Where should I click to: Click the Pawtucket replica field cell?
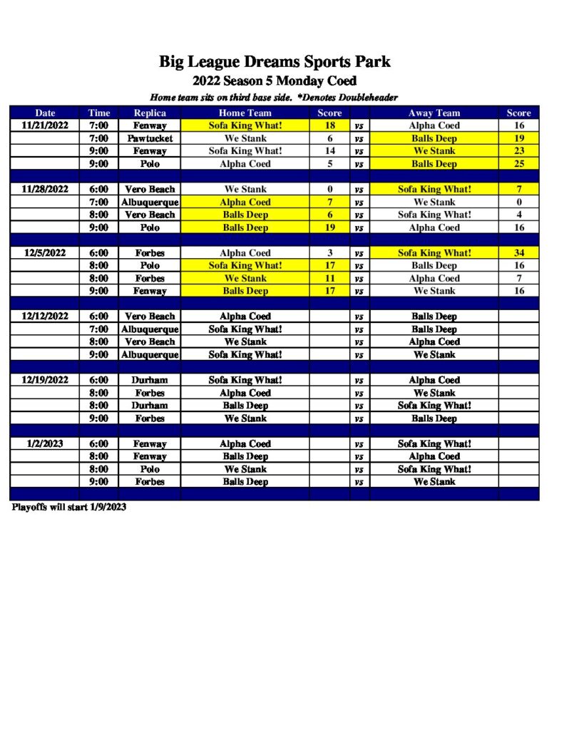coord(150,138)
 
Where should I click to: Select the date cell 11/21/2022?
coord(45,125)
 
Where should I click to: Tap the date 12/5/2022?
coord(45,253)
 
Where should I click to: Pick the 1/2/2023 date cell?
coord(45,443)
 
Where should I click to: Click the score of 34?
coord(518,253)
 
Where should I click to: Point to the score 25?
coord(518,164)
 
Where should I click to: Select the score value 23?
coord(518,151)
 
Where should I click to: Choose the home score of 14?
coord(329,151)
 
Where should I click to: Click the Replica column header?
coord(150,113)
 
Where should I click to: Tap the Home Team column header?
coord(245,113)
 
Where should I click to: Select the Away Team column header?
coord(434,113)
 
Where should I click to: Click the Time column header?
coord(99,113)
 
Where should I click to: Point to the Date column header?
coord(45,113)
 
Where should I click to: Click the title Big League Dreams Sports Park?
coord(275,62)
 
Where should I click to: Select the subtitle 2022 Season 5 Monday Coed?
coord(275,81)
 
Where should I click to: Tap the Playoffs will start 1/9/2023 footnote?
coord(69,508)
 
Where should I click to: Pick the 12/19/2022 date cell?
coord(45,380)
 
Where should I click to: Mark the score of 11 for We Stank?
coord(329,279)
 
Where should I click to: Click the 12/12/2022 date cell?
coord(45,317)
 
